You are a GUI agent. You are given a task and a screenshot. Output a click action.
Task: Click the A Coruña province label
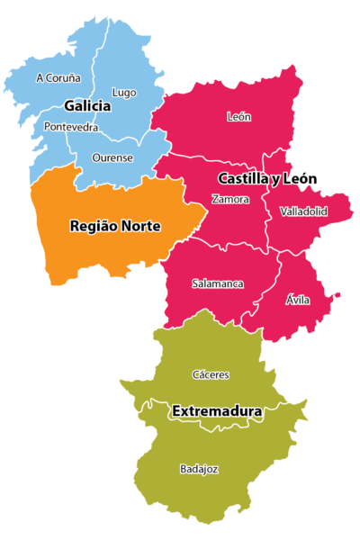(x=58, y=78)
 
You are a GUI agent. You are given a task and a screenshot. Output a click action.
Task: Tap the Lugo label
(x=124, y=92)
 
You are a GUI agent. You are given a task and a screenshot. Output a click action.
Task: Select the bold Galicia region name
(x=87, y=106)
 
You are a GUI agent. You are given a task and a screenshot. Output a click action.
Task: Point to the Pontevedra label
(x=70, y=128)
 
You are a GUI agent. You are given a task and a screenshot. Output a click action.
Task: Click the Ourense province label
(x=112, y=158)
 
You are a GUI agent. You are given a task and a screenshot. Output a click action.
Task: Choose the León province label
(x=239, y=117)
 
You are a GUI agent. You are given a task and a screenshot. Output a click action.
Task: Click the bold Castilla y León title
(x=267, y=179)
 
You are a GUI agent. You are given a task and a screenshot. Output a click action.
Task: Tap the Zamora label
(x=230, y=199)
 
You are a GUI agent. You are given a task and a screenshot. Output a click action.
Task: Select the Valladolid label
(x=303, y=211)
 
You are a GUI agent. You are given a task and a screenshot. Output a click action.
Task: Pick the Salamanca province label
(x=218, y=283)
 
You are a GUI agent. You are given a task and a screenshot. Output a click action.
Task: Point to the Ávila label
(x=297, y=300)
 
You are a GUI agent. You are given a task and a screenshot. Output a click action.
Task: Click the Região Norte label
(x=115, y=227)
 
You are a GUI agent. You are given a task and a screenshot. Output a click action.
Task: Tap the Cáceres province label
(x=211, y=374)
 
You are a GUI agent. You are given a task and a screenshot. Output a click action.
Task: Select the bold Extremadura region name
(x=217, y=412)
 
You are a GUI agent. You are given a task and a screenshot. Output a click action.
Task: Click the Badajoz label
(x=199, y=469)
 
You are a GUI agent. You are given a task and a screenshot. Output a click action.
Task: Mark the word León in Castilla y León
(x=301, y=179)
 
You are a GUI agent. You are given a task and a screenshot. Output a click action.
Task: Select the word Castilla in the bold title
(x=242, y=179)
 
